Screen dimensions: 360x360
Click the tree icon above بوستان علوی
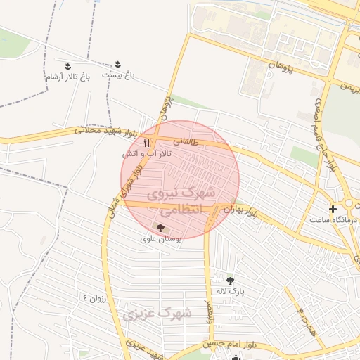[x=161, y=228]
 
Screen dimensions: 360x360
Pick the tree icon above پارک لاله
[x=230, y=280]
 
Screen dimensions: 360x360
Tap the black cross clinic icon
[x=333, y=208]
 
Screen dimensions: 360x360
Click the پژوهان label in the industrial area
[x=279, y=67]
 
